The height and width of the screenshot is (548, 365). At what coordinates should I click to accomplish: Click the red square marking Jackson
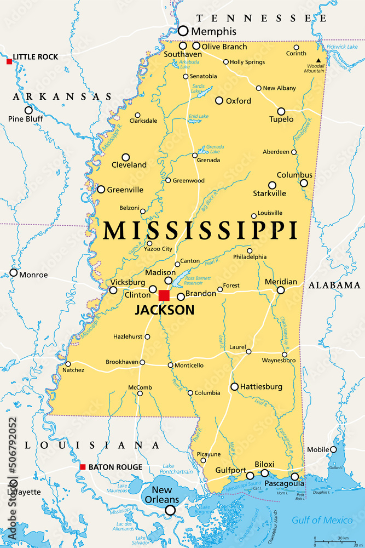164,295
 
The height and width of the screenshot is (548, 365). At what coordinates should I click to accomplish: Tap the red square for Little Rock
9,61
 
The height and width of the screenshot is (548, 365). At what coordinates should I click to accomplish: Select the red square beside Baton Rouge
83,467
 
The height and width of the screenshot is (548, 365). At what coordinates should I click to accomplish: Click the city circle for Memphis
183,31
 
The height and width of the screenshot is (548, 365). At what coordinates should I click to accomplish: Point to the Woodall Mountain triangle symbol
317,60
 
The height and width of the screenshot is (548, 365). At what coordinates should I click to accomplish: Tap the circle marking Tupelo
281,111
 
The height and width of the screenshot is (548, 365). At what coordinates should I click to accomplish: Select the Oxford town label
239,101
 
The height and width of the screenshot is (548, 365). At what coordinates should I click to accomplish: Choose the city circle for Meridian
281,290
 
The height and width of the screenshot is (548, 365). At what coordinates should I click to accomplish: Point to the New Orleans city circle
170,510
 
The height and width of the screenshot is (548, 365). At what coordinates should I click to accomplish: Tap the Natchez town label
73,370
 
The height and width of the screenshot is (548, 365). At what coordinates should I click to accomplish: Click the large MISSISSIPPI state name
200,230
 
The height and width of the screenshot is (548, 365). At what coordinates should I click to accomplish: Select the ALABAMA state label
334,285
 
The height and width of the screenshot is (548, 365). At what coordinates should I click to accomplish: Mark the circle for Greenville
101,189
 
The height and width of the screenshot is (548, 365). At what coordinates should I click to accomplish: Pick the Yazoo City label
158,249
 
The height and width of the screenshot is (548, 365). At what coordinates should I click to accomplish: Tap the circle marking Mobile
333,449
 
